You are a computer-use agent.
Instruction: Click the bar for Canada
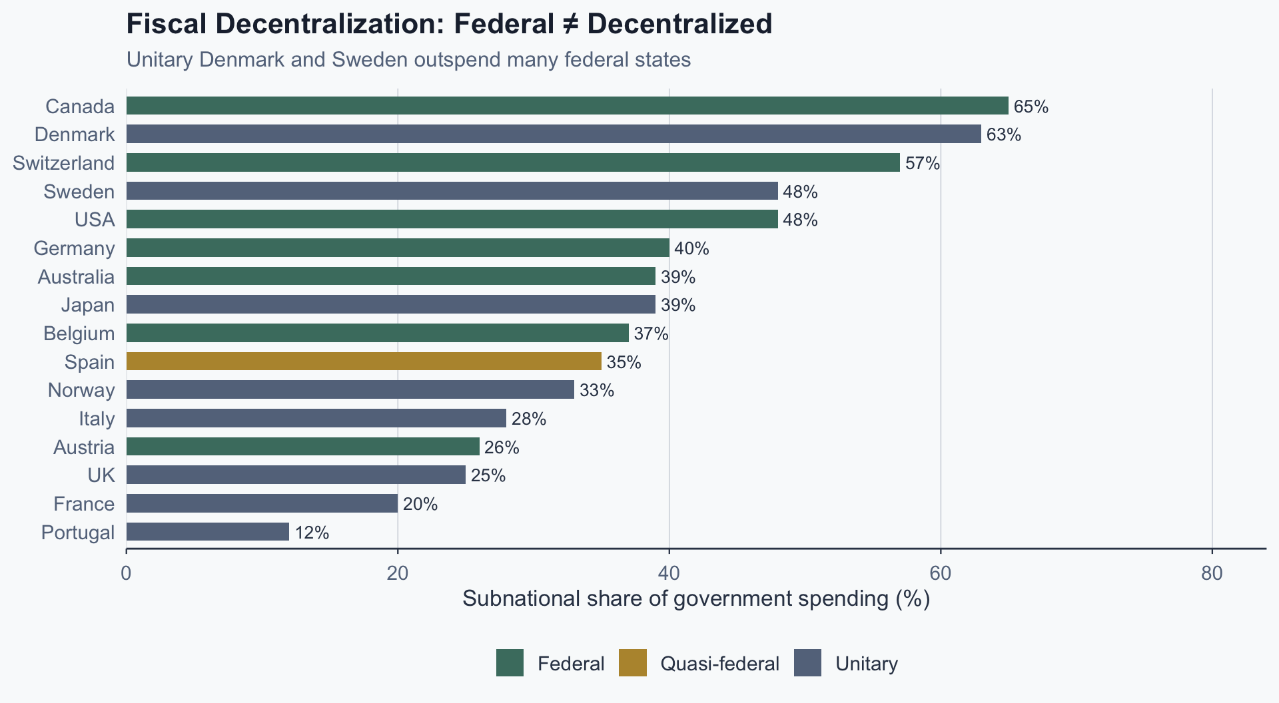pyautogui.click(x=567, y=106)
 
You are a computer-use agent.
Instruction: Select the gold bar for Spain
pyautogui.click(x=364, y=361)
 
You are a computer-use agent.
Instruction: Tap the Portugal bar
pyautogui.click(x=207, y=532)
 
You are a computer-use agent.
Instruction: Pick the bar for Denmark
pyautogui.click(x=554, y=134)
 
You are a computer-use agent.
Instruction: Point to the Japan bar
pyautogui.click(x=390, y=304)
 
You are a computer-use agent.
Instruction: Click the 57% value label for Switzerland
pyautogui.click(x=922, y=163)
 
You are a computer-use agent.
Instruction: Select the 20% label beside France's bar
pyautogui.click(x=420, y=504)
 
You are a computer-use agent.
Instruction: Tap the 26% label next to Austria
pyautogui.click(x=502, y=447)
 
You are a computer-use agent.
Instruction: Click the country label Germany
pyautogui.click(x=74, y=248)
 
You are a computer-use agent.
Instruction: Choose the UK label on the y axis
pyautogui.click(x=101, y=475)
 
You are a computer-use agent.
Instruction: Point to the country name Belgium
pyautogui.click(x=79, y=334)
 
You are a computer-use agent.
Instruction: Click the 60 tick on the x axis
pyautogui.click(x=940, y=573)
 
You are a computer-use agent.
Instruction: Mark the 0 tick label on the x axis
pyautogui.click(x=126, y=573)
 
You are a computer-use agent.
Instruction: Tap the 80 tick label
pyautogui.click(x=1212, y=573)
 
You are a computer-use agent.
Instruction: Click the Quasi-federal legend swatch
pyautogui.click(x=632, y=663)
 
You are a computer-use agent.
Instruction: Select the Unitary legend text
pyautogui.click(x=866, y=664)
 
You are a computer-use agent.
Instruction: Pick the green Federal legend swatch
pyautogui.click(x=510, y=663)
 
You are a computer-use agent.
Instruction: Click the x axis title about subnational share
pyautogui.click(x=695, y=598)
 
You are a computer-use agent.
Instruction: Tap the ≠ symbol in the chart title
pyautogui.click(x=570, y=25)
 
